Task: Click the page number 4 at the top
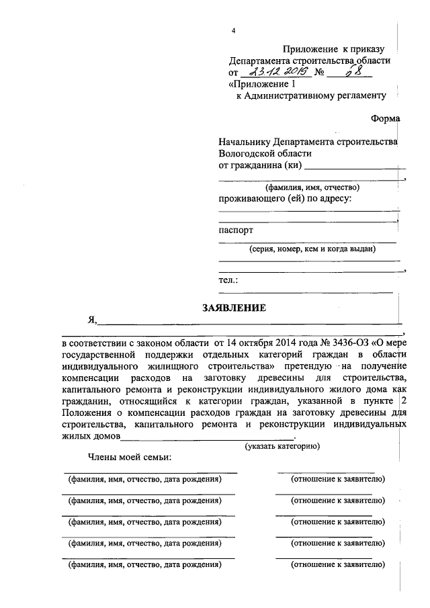click(x=233, y=31)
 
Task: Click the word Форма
click(x=385, y=118)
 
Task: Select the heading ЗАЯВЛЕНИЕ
click(x=234, y=308)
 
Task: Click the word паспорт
click(x=236, y=230)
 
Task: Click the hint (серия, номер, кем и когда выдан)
click(x=312, y=249)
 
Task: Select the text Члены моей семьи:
click(x=129, y=458)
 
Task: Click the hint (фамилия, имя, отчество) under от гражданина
click(x=312, y=187)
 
